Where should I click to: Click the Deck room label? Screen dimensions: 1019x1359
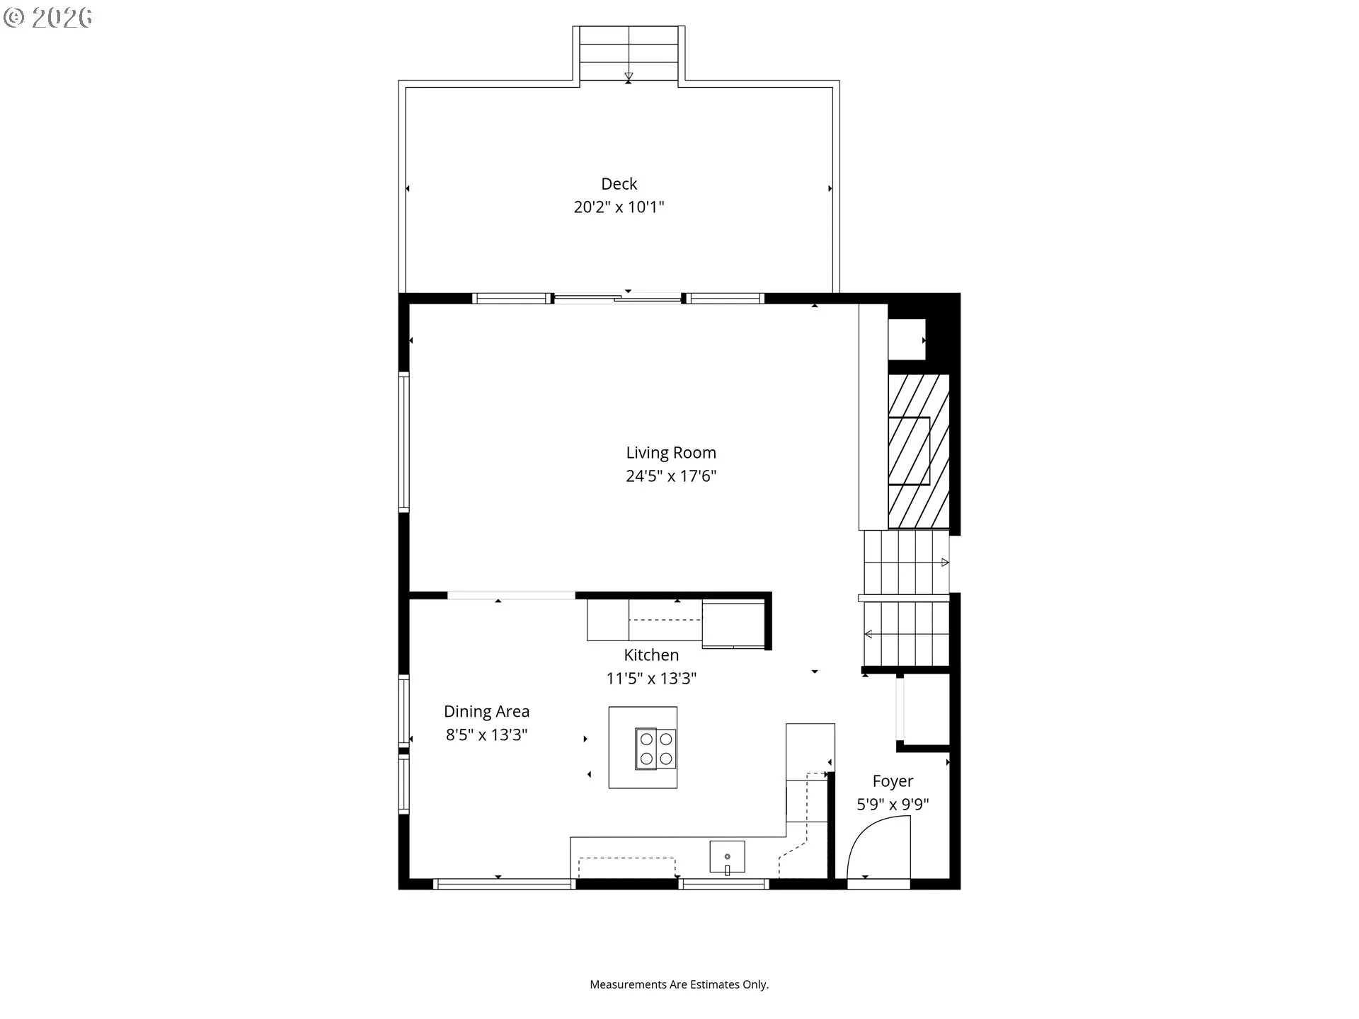click(619, 184)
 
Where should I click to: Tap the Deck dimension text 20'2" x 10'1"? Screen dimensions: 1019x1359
click(619, 207)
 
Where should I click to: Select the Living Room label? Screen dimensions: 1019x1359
click(670, 453)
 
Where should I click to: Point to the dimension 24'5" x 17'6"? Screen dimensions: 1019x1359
click(670, 476)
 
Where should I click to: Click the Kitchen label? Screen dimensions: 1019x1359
click(650, 655)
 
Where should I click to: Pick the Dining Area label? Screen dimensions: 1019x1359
click(486, 712)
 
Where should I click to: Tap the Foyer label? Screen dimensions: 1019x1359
click(893, 781)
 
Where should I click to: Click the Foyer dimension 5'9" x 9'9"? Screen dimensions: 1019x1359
click(893, 805)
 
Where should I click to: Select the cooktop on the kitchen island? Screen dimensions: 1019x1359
click(655, 749)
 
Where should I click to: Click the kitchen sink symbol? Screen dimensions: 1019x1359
click(727, 857)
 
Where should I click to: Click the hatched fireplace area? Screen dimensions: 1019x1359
click(918, 451)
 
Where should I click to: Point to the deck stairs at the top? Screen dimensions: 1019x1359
click(629, 54)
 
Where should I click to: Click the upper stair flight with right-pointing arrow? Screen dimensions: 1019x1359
click(905, 563)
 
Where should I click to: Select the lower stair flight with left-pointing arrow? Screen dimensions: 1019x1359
click(905, 634)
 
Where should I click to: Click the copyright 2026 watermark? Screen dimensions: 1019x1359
click(48, 18)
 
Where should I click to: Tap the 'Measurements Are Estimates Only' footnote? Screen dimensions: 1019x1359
click(679, 984)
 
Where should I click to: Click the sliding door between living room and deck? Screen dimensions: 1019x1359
click(618, 299)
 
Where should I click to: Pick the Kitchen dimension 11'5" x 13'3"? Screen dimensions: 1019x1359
click(650, 679)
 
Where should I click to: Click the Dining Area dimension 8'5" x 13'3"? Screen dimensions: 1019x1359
click(486, 735)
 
